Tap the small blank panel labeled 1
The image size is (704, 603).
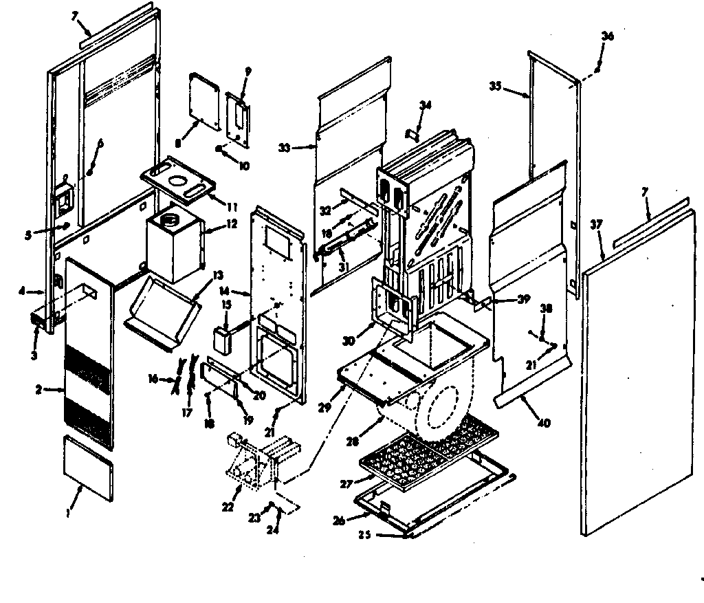coord(87,467)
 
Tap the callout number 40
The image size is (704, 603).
coord(544,423)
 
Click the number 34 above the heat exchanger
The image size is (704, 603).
coord(426,105)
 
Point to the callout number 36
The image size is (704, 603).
coord(606,36)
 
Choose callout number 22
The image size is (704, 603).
coord(228,507)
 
